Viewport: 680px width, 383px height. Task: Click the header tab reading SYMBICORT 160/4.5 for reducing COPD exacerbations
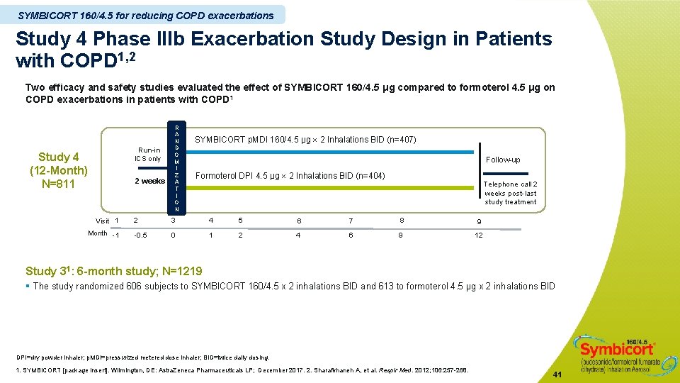[145, 15]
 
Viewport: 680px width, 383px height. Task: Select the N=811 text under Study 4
[58, 184]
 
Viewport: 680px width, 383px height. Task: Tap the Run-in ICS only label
[149, 154]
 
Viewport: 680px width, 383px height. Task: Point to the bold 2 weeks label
[149, 181]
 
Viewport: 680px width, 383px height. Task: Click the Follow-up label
[503, 160]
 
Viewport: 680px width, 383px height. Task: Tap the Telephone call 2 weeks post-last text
[510, 189]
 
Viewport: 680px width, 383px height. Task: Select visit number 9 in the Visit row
[478, 221]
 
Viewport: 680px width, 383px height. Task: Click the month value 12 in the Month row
[478, 235]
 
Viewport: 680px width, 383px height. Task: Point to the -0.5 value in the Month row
[140, 235]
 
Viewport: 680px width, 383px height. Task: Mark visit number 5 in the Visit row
[240, 220]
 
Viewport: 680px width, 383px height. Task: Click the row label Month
[98, 233]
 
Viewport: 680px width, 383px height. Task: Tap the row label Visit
[103, 221]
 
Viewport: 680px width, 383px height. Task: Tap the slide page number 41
[557, 374]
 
